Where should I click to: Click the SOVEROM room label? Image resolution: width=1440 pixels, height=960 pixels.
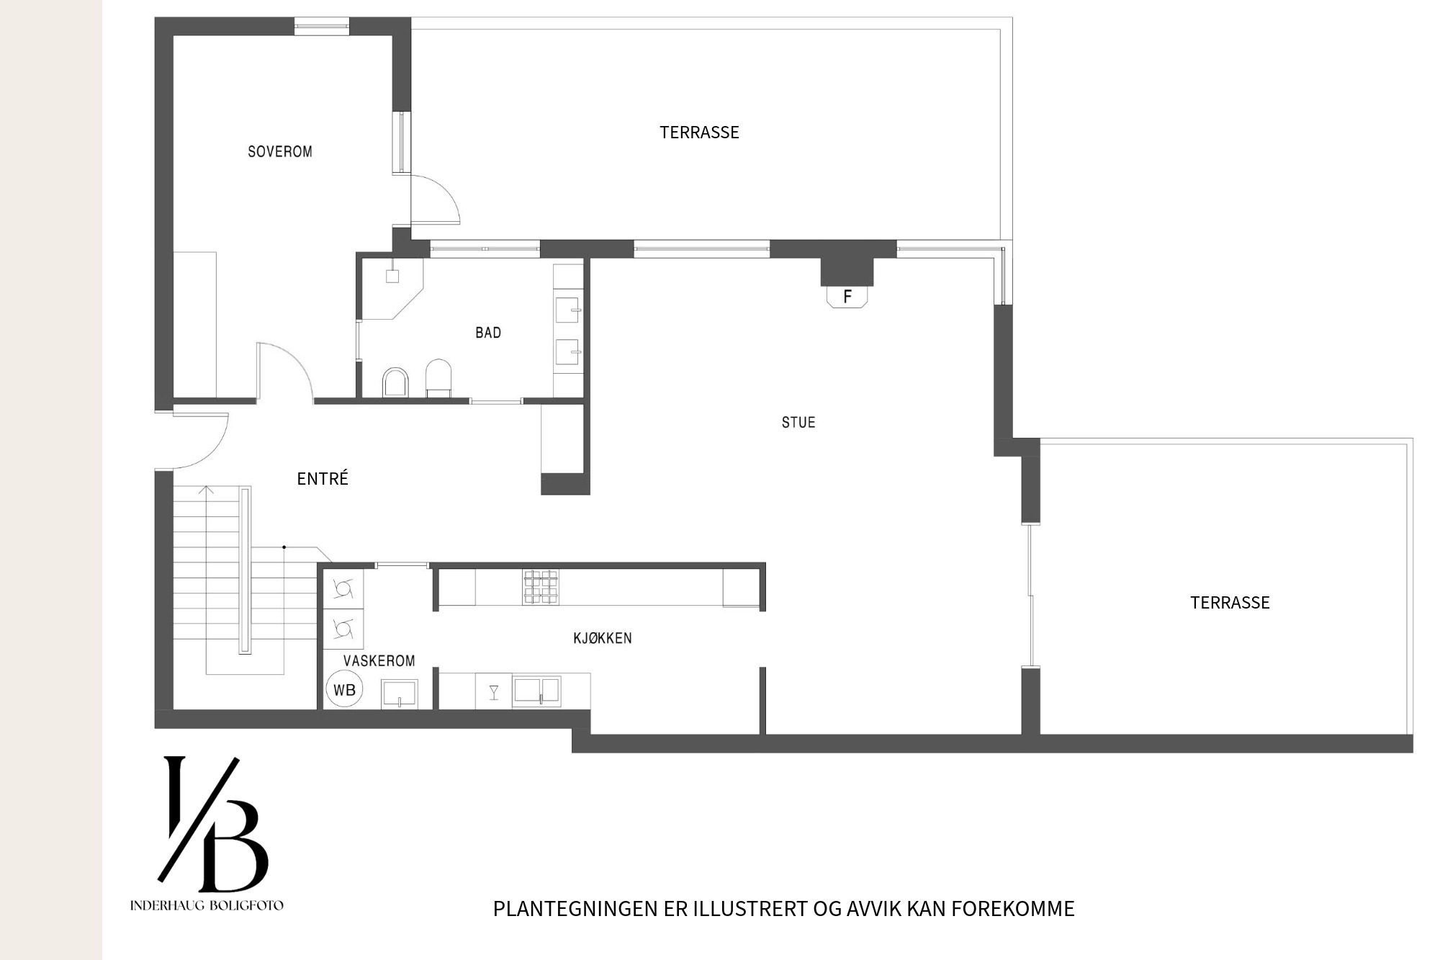pyautogui.click(x=280, y=152)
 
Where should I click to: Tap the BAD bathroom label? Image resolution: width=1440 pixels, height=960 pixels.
pyautogui.click(x=488, y=333)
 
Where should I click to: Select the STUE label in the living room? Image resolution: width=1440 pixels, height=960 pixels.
pyautogui.click(x=798, y=423)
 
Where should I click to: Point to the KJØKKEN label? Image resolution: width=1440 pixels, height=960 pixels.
pyautogui.click(x=603, y=638)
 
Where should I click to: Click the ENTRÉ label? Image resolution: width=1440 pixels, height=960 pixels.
pyautogui.click(x=323, y=478)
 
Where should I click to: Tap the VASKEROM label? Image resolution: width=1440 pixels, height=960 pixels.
pyautogui.click(x=379, y=661)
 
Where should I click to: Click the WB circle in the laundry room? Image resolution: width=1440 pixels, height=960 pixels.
pyautogui.click(x=344, y=690)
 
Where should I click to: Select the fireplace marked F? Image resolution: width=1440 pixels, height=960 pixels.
pyautogui.click(x=847, y=297)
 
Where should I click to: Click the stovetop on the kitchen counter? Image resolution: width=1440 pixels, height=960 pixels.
pyautogui.click(x=541, y=586)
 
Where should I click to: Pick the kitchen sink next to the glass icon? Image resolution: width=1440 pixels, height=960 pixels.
pyautogui.click(x=536, y=691)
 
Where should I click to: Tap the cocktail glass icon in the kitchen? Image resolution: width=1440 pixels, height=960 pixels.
pyautogui.click(x=494, y=692)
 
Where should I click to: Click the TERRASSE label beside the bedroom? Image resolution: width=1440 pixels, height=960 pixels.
pyautogui.click(x=699, y=133)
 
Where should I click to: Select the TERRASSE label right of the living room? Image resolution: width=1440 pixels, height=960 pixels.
pyautogui.click(x=1230, y=603)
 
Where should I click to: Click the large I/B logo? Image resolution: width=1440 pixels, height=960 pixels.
pyautogui.click(x=214, y=824)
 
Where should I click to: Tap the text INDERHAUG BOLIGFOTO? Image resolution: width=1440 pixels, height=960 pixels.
pyautogui.click(x=207, y=905)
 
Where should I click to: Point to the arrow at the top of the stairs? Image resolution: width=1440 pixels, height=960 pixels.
pyautogui.click(x=207, y=491)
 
